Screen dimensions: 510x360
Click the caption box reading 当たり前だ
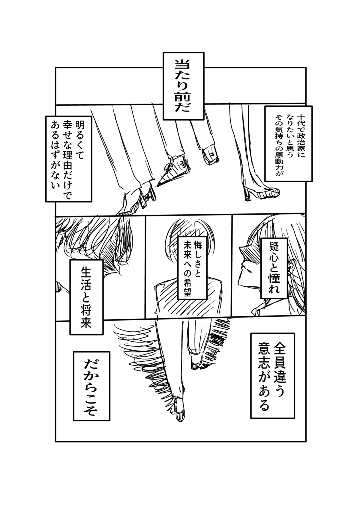(183, 86)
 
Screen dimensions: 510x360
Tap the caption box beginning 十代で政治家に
(289, 143)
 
